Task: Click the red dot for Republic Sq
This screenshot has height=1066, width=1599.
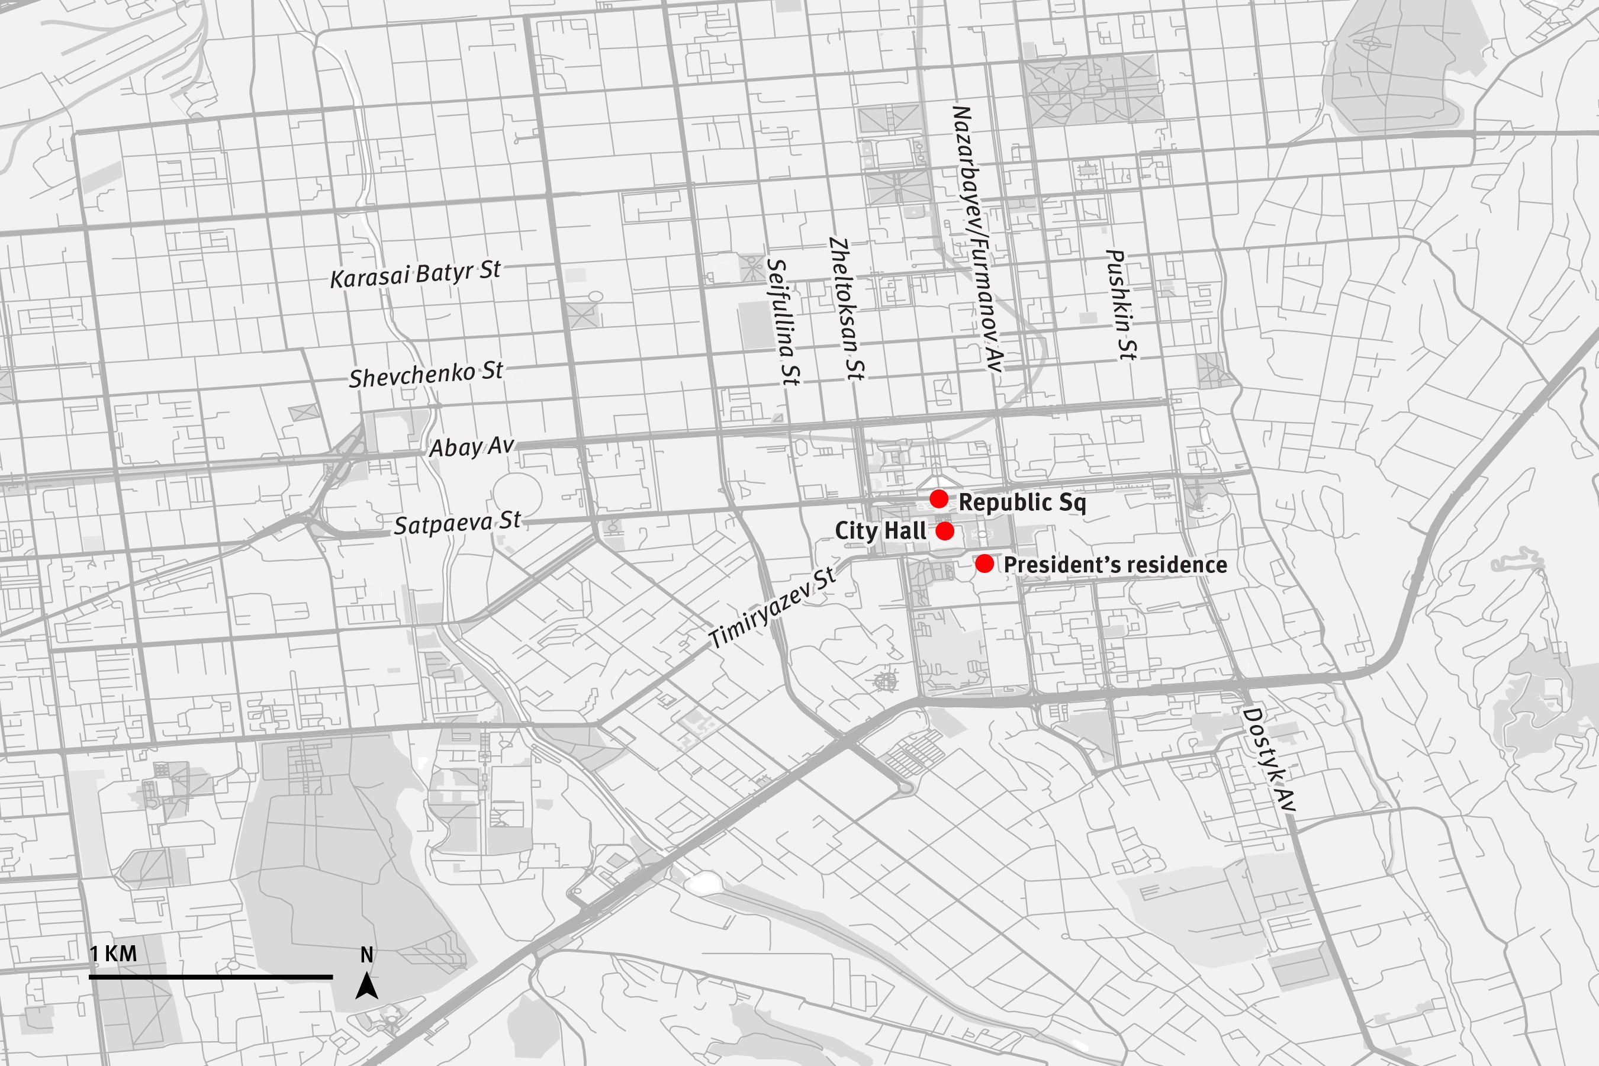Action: point(939,499)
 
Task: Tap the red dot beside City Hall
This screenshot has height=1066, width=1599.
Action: point(945,531)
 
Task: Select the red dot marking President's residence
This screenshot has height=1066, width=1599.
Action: point(985,563)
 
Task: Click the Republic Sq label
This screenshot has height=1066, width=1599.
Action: point(1022,503)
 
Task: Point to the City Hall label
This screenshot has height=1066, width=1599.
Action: point(880,531)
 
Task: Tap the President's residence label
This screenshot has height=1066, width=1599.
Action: point(1115,565)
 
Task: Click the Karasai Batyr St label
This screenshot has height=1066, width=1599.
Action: point(416,274)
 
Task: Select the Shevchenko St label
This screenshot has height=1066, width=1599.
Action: point(426,375)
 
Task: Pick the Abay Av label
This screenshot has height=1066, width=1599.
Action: point(471,447)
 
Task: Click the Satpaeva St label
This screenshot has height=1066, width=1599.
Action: point(457,523)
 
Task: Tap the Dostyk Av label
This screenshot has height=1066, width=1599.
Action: point(1269,759)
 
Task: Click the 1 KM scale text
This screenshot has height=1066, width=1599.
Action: point(114,954)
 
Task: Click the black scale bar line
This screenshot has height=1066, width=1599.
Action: point(211,977)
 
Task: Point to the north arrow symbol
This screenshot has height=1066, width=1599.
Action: point(366,987)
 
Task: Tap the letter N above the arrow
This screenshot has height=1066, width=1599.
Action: point(366,955)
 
